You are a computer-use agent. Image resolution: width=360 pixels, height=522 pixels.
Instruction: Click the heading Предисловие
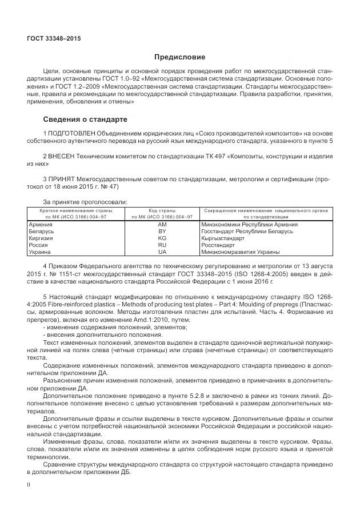coord(179,57)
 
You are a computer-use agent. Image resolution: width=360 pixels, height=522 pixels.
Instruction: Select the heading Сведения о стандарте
coord(85,119)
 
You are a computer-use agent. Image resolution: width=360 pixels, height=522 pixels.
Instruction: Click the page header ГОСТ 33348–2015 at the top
coord(54,38)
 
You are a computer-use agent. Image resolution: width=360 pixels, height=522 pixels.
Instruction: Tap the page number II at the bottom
coord(29,484)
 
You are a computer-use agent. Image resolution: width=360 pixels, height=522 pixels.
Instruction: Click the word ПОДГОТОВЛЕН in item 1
coord(71,134)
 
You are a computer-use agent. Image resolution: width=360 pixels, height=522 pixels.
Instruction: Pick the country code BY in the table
coord(162,232)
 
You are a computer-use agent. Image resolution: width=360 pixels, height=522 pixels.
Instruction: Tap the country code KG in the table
coord(162,238)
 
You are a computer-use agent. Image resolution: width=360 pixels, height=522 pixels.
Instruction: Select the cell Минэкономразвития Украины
coord(233,252)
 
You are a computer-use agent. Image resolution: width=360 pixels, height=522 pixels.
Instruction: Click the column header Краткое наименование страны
coord(75,210)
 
